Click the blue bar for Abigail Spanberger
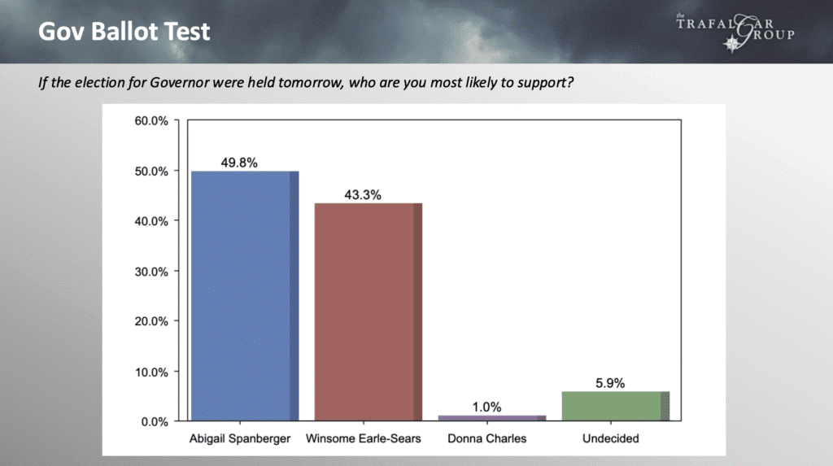coord(245,296)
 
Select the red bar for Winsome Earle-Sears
coord(369,312)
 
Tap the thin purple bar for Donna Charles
coord(492,418)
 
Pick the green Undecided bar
coord(616,407)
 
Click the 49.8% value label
coord(239,163)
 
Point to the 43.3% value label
coord(363,195)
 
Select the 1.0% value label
coord(486,407)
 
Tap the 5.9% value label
coord(610,383)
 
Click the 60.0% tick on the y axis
coord(151,121)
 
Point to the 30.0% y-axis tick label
coord(151,272)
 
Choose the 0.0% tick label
coord(155,422)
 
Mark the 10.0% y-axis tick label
coord(151,372)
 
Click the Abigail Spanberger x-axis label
coord(240,439)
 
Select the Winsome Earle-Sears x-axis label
coord(364,438)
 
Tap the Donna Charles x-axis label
coord(487,438)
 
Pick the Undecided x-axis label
coord(610,438)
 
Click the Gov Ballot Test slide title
coord(124,32)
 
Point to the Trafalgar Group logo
coord(735,32)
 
